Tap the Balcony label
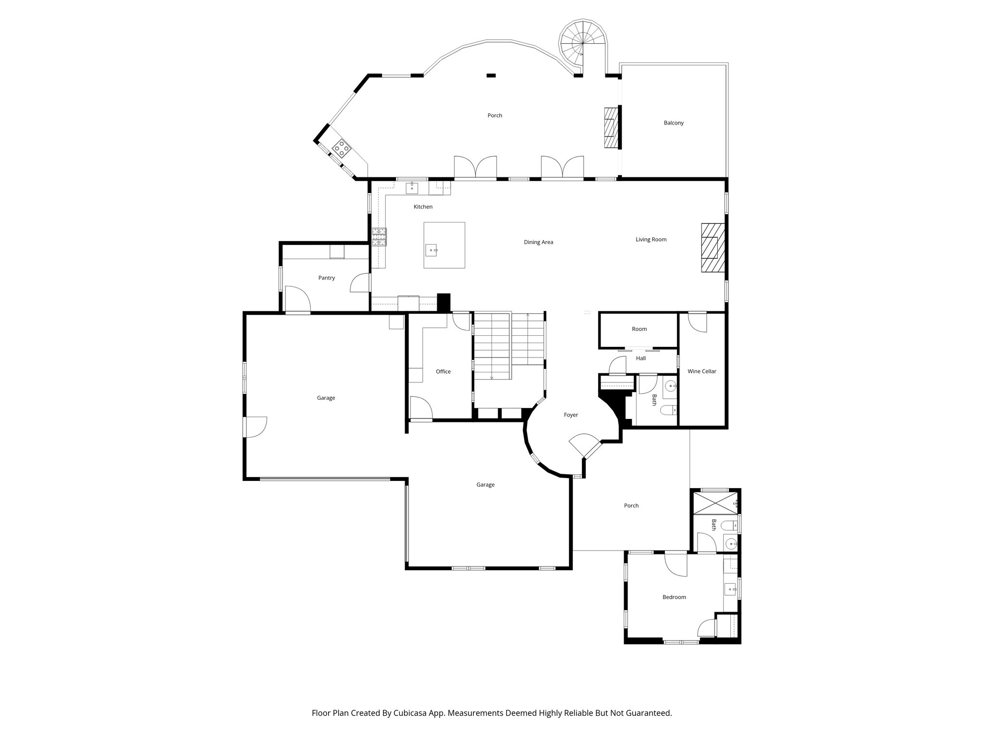coord(674,123)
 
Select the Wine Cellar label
coord(701,371)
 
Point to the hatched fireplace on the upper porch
coord(610,127)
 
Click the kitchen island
coord(444,245)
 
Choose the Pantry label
coord(326,278)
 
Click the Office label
coord(443,371)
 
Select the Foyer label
coord(571,415)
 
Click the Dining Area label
coord(538,242)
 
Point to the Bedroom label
coord(674,597)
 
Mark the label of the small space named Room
coord(639,329)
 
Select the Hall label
coord(640,358)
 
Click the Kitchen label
coord(423,207)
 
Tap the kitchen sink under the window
coord(412,187)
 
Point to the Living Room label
coord(651,240)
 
